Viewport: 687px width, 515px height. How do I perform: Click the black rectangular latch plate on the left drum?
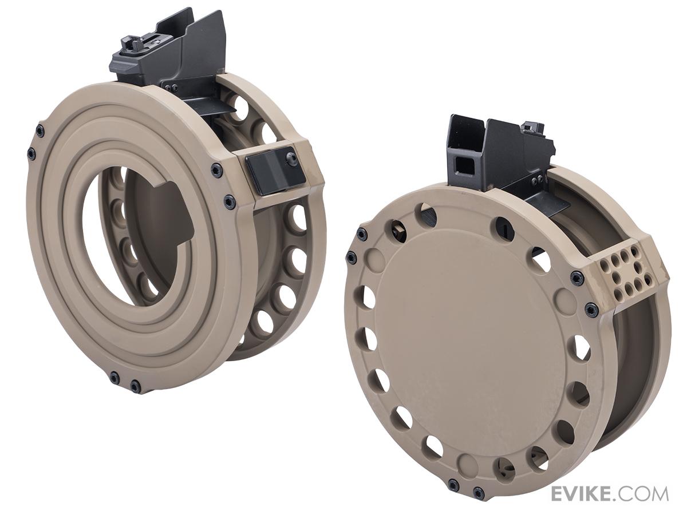pyautogui.click(x=275, y=174)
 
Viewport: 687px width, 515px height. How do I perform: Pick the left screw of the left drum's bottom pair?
pyautogui.click(x=114, y=377)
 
